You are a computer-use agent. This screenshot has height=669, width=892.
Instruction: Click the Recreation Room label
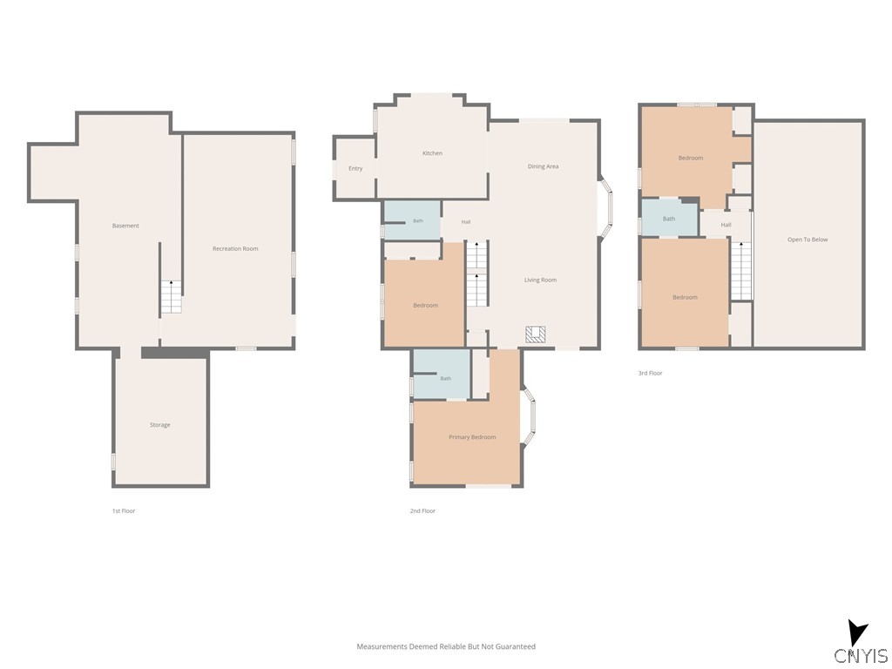coord(235,248)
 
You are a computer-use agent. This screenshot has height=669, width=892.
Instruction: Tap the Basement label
coord(125,226)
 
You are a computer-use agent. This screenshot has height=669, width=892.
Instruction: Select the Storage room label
coord(160,425)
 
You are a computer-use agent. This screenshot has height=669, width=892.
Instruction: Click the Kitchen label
coord(432,153)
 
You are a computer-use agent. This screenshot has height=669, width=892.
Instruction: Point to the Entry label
coord(355,168)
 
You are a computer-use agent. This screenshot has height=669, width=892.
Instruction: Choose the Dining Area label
coord(543,166)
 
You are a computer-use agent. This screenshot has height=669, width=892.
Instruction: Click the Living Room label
coord(540,280)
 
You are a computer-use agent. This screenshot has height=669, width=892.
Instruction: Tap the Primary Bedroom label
coord(472,437)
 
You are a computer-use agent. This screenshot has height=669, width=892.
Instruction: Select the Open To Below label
coord(808,240)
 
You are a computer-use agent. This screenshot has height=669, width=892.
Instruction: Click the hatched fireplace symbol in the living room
coord(535,334)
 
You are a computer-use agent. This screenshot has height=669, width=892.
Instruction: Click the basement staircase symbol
coord(171,296)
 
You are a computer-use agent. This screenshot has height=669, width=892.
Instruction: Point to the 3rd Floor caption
coord(650,373)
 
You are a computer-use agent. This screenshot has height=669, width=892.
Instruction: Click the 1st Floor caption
coord(124,510)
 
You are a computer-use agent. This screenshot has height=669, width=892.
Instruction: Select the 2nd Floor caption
coord(422,510)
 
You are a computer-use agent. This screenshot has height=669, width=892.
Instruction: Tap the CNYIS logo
coord(861,643)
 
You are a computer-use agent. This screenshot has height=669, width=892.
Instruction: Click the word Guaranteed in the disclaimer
coord(516,646)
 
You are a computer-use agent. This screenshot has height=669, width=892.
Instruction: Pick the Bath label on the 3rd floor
coord(669,219)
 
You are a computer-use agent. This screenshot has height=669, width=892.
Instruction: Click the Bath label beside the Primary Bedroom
coord(445,378)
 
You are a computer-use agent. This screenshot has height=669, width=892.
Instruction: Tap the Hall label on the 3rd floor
coord(726,225)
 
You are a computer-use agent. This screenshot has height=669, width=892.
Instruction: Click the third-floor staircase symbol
coord(740,271)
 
